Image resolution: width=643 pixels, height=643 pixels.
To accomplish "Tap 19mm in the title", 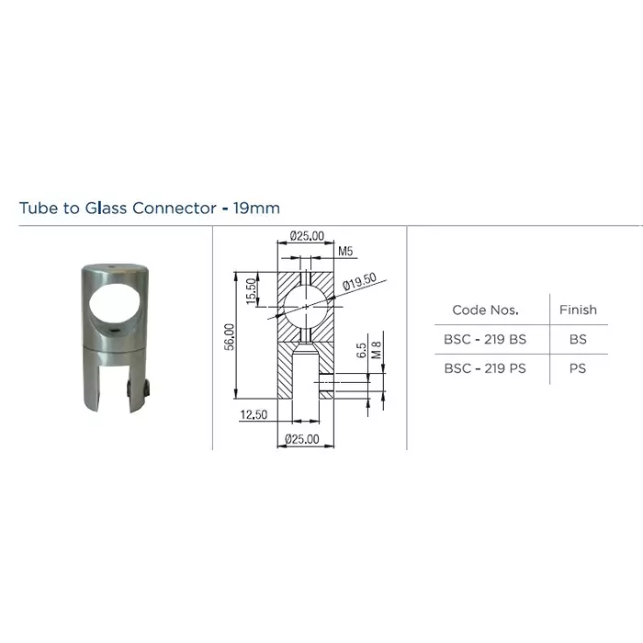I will pos(257,208).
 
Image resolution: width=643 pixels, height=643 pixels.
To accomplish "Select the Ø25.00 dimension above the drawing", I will pos(306,236).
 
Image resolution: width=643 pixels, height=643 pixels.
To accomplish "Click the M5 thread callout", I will pos(345,250).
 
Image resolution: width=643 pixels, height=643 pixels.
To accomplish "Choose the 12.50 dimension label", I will pos(253,415).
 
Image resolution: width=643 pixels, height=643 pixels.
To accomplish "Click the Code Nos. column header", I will pos(485,310).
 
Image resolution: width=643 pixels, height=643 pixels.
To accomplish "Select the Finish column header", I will pos(578,310).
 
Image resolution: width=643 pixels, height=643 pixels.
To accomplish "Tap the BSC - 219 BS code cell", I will pos(485,339).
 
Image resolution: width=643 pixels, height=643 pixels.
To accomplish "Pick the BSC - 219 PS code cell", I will pos(485,368).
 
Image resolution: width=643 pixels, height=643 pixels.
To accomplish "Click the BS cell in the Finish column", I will pos(578,339).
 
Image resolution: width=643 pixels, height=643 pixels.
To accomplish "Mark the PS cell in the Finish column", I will pos(578,368).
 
